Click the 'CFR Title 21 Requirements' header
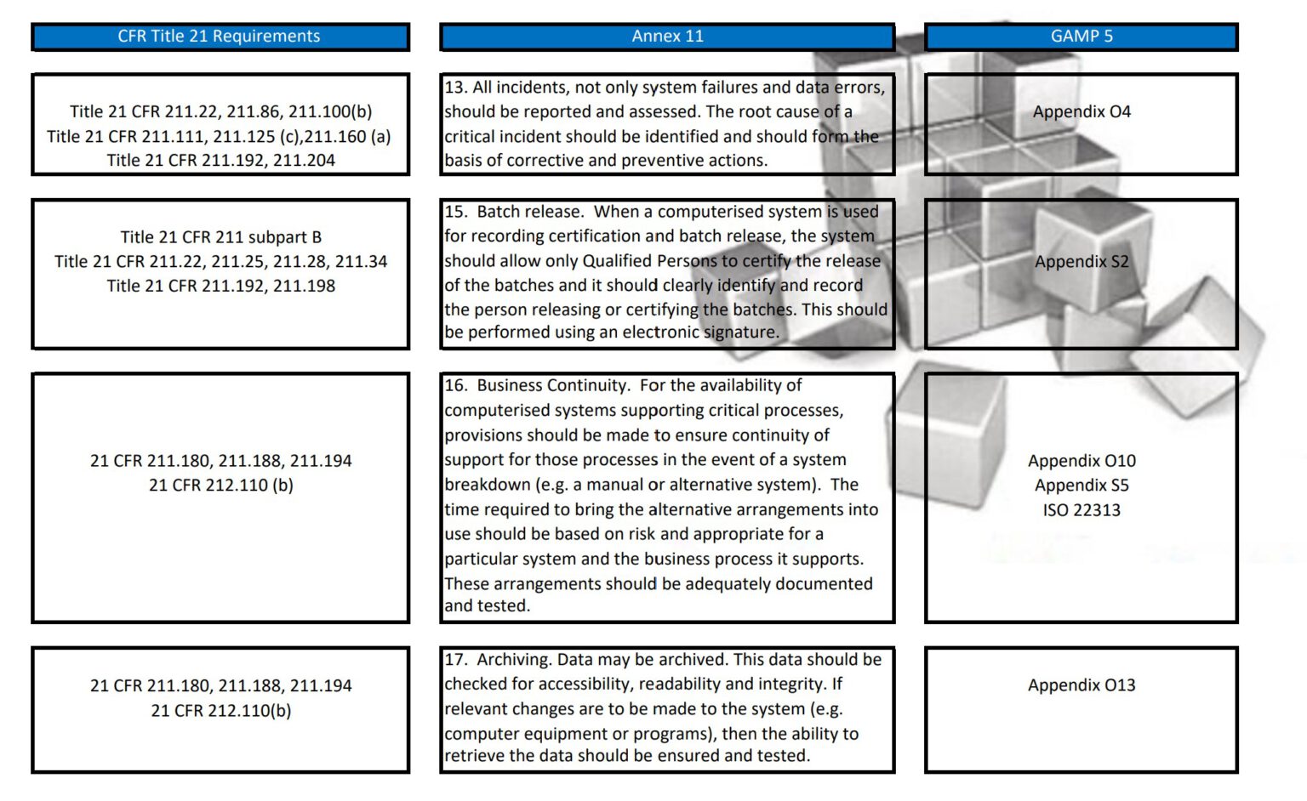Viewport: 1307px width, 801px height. pos(219,37)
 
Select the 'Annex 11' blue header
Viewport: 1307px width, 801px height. pos(667,37)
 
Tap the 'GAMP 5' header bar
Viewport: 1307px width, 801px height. pos(1081,37)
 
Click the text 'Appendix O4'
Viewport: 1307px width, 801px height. pos(1081,111)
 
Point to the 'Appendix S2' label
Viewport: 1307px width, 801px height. pos(1081,262)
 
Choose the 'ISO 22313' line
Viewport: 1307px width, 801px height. pos(1081,510)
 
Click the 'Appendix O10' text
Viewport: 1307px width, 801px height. pos(1081,461)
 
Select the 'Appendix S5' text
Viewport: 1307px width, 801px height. pos(1081,486)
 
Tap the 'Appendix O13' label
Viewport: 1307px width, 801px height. pos(1081,685)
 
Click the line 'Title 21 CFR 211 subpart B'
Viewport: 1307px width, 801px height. pos(220,237)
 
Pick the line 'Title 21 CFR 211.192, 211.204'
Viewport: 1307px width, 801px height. pos(220,161)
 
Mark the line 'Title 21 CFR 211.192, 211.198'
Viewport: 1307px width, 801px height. pos(220,287)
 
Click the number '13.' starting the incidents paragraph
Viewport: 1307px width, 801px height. pos(455,88)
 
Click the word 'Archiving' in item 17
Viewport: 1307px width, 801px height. pos(513,660)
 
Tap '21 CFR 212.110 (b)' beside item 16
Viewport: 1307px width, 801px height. pos(220,486)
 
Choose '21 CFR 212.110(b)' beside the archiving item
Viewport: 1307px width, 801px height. pos(220,711)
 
